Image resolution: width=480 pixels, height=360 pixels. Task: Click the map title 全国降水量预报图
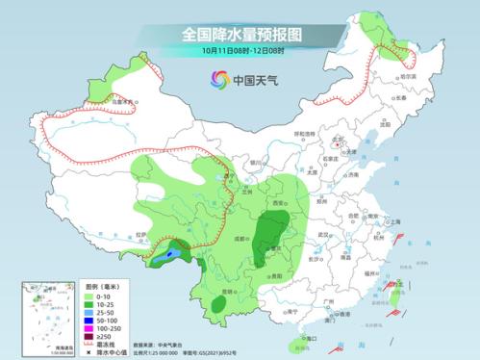point(240,33)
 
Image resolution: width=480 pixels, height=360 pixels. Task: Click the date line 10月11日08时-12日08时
point(240,49)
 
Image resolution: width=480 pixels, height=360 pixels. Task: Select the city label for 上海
point(393,221)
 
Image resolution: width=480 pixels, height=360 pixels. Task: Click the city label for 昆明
point(227,291)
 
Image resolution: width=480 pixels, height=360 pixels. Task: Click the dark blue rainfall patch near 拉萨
point(170,256)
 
